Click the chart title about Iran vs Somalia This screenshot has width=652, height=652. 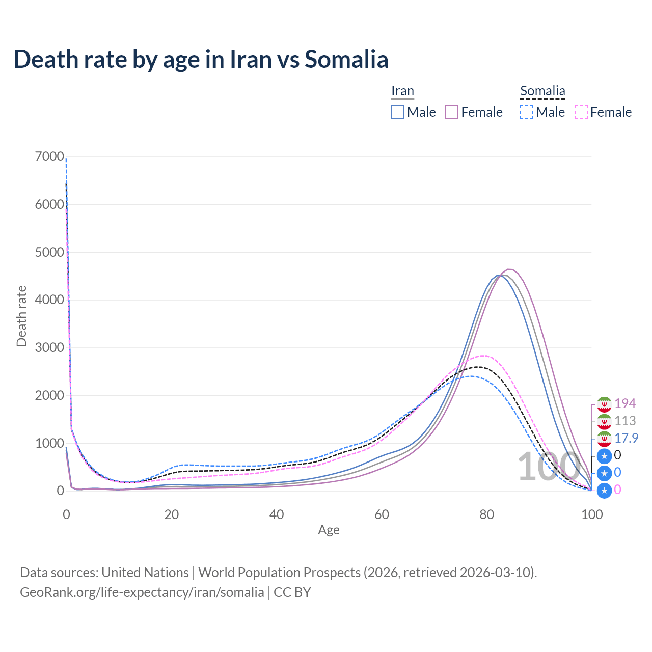[201, 59]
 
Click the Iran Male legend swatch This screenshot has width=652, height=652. [398, 112]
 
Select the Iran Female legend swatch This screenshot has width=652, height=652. [452, 112]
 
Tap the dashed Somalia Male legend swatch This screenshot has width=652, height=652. [527, 112]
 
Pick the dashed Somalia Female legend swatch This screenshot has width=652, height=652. [581, 112]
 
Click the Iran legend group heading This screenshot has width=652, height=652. [402, 91]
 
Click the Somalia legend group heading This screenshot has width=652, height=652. [542, 91]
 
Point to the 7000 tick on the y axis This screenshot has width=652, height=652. [49, 157]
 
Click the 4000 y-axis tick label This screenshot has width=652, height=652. [49, 300]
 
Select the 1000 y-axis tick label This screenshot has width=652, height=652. [49, 443]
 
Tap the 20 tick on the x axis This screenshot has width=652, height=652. [172, 514]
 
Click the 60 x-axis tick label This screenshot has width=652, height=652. [382, 514]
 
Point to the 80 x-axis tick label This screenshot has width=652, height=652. [487, 514]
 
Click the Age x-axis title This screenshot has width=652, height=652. [329, 530]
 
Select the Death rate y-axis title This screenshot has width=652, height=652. [21, 316]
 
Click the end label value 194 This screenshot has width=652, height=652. [625, 403]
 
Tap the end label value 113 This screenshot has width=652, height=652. [625, 421]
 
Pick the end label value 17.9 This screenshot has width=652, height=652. [626, 438]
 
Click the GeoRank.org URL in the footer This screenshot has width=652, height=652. [142, 592]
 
